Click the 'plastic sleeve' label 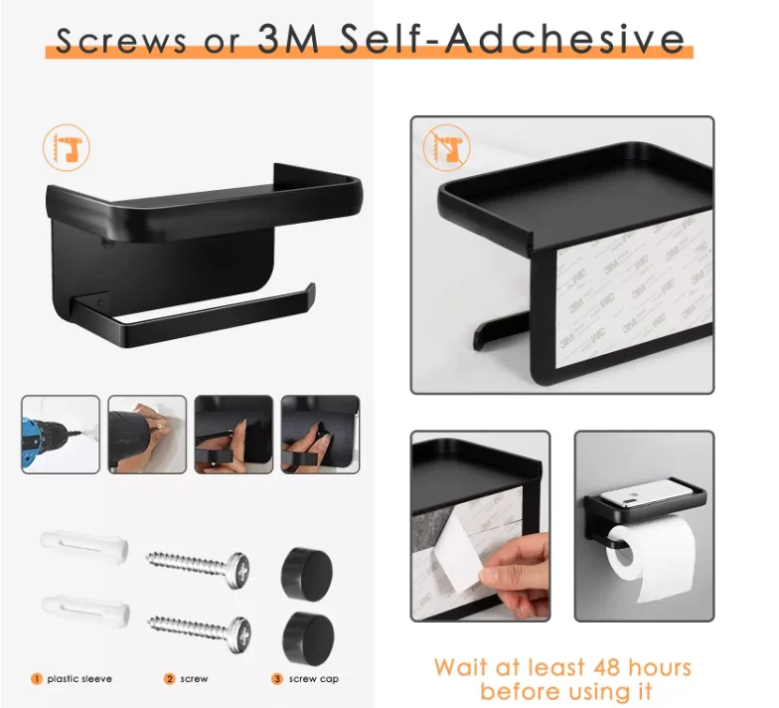coord(79,679)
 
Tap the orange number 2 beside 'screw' coord(169,679)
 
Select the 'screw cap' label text coord(315,679)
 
